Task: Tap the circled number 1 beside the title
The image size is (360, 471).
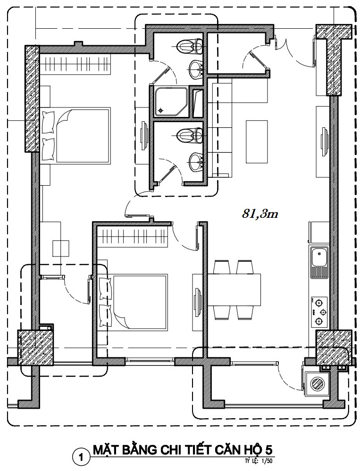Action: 80,458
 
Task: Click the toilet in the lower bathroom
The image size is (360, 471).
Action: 189,136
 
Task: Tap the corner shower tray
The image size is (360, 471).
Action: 171,101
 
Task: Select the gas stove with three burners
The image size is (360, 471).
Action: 318,312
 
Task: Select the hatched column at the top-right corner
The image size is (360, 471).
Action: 334,60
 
